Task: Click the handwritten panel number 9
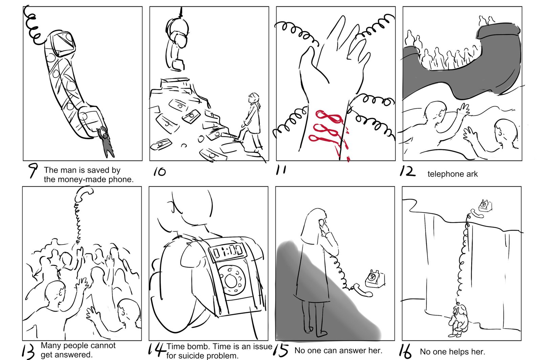pos(33,170)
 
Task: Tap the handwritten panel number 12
pos(408,171)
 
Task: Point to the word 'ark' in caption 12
pos(472,174)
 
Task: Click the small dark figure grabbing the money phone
pos(106,142)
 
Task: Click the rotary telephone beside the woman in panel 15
pos(375,279)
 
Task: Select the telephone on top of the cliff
pos(485,206)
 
